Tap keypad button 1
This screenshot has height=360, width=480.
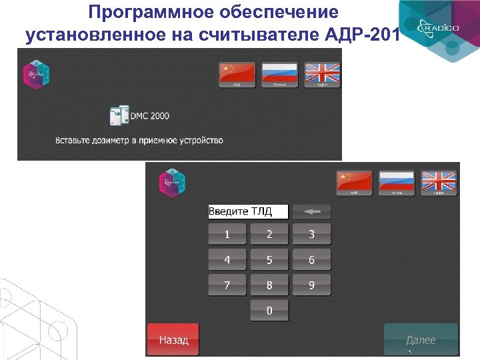pos(227,234)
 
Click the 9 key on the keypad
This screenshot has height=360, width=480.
pos(311,285)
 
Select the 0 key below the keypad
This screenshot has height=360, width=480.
pos(269,310)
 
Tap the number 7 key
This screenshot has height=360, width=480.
pos(227,285)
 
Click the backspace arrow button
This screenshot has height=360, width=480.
pos(311,212)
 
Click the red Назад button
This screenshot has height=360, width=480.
pos(173,340)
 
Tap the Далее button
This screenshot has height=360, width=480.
pos(421,340)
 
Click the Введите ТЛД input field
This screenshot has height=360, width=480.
pos(248,212)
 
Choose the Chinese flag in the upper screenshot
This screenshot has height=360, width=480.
pos(237,75)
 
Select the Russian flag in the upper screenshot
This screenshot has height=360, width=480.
pos(280,75)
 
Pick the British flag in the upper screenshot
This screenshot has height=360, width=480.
pos(323,75)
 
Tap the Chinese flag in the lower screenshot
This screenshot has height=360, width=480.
pos(355,182)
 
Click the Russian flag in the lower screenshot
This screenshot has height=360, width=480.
pos(397,182)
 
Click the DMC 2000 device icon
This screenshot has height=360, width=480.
pos(119,116)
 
